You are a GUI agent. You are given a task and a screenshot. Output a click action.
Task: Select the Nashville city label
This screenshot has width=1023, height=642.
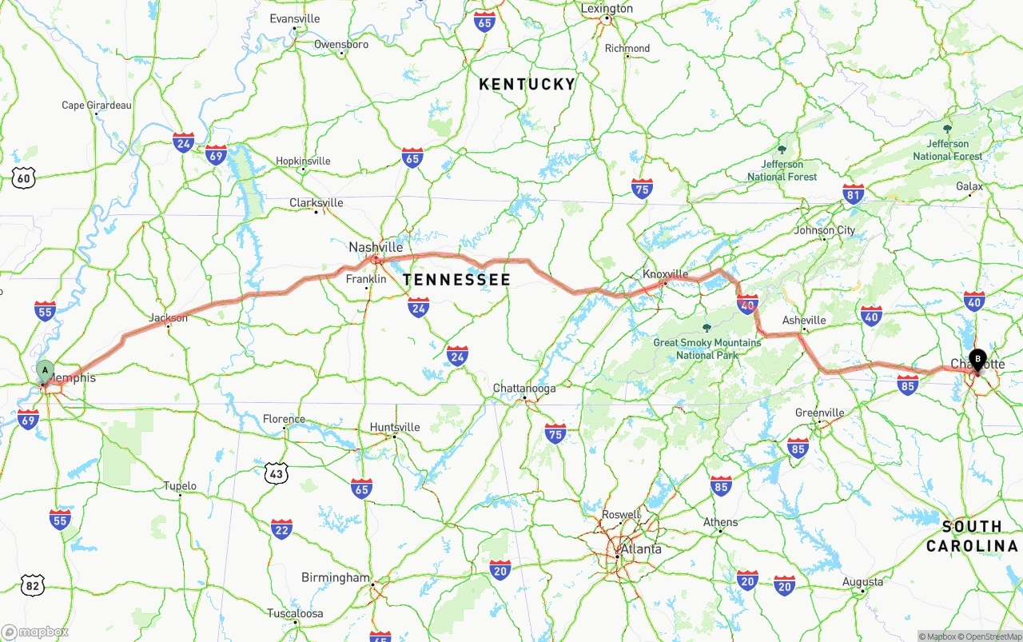click(x=376, y=248)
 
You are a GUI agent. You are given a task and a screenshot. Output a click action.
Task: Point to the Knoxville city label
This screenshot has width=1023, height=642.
click(x=665, y=274)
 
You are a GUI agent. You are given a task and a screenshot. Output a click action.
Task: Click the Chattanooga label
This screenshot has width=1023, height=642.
click(x=523, y=389)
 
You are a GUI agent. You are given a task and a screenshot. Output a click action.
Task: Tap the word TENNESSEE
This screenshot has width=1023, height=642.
click(x=456, y=280)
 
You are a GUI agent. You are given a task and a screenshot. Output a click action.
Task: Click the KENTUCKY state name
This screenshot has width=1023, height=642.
click(x=527, y=84)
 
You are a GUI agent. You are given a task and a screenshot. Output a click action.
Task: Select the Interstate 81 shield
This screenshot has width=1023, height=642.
click(x=854, y=193)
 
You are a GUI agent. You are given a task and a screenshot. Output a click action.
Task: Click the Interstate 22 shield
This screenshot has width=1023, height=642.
click(x=281, y=528)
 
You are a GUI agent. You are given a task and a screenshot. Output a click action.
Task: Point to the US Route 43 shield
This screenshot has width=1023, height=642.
click(x=276, y=473)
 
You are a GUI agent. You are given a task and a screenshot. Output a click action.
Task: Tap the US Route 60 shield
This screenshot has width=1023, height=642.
click(x=24, y=178)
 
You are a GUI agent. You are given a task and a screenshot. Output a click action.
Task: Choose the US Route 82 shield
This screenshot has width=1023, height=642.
click(x=32, y=585)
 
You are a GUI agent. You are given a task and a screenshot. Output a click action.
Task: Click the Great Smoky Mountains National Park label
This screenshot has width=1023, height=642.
click(x=707, y=349)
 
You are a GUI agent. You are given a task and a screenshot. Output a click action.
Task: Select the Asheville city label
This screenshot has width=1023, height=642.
click(x=804, y=321)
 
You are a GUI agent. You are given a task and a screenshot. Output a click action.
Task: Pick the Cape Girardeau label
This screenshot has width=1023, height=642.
click(x=97, y=106)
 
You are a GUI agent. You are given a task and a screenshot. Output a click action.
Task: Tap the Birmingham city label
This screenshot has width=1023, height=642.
click(x=336, y=577)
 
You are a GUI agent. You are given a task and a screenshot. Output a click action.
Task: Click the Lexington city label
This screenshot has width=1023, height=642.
click(x=607, y=9)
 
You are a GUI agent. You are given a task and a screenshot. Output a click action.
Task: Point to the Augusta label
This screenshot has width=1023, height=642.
click(x=862, y=582)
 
